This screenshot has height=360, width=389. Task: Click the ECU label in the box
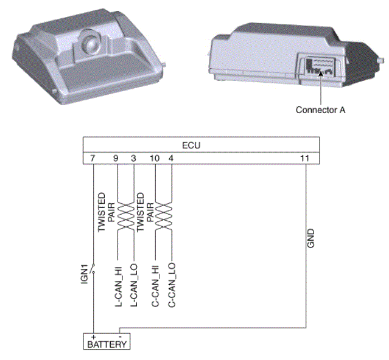tap(191, 145)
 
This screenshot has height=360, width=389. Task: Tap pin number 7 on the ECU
tap(93, 158)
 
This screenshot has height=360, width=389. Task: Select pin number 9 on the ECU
tap(116, 158)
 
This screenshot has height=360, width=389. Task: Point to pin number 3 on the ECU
tap(133, 158)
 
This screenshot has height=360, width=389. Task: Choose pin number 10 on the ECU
tap(155, 158)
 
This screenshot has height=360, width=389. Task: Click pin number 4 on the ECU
tap(171, 158)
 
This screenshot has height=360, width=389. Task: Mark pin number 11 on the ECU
tap(304, 158)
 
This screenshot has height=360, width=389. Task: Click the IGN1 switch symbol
tap(93, 269)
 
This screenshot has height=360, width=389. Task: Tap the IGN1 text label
tap(85, 274)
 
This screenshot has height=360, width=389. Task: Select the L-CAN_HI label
tap(119, 286)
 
